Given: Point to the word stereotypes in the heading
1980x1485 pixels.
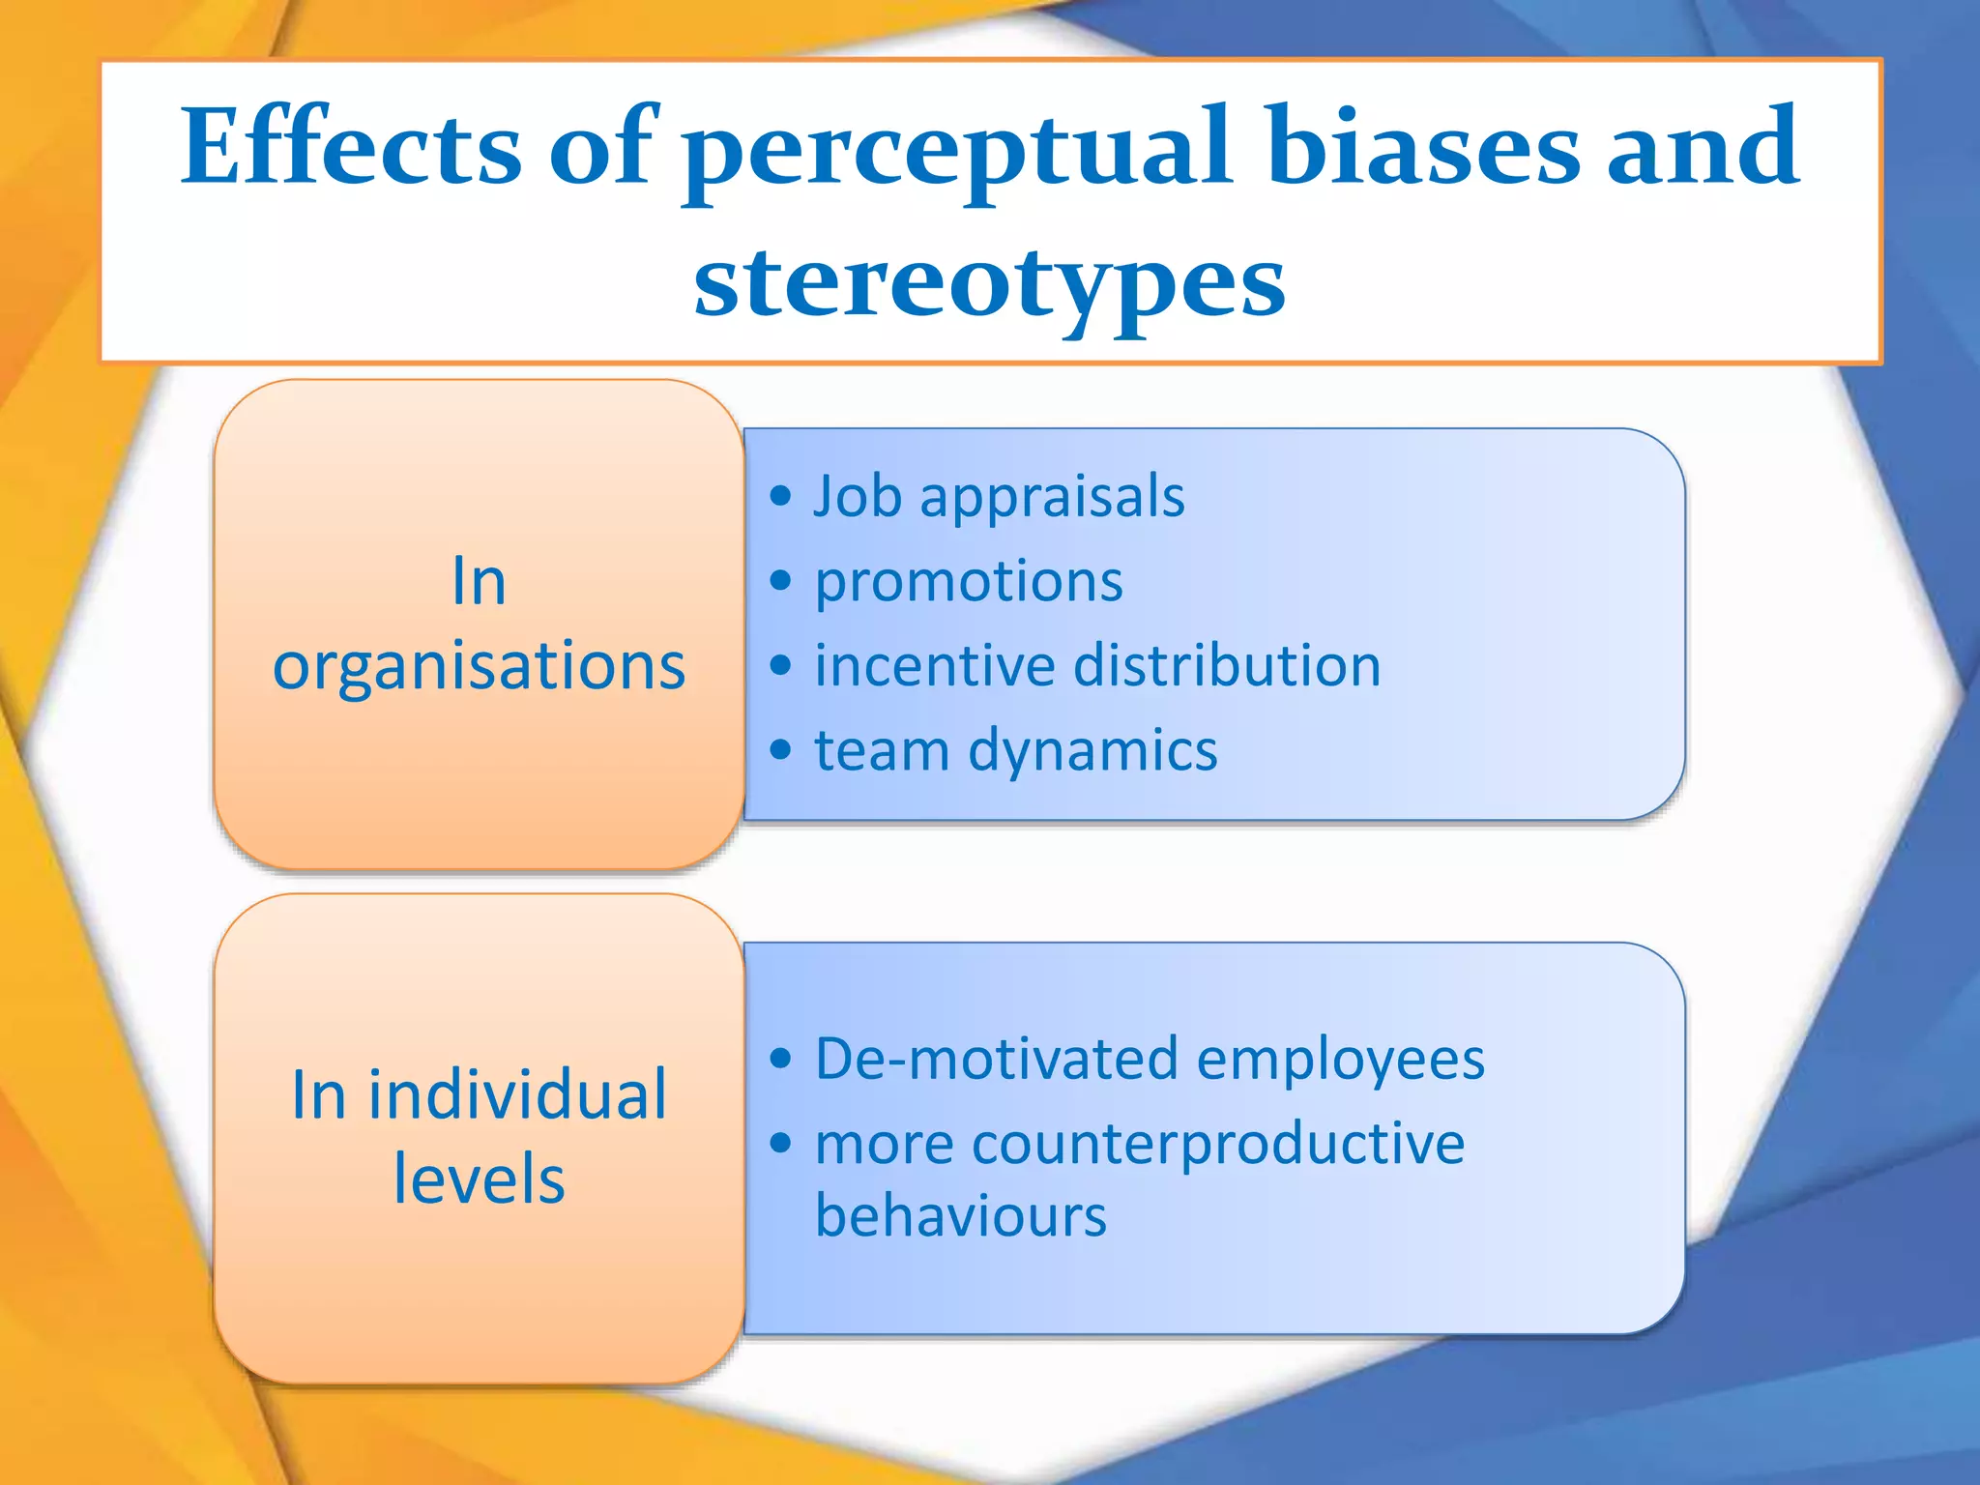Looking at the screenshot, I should click(990, 282).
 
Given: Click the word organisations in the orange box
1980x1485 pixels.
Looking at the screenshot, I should click(479, 668).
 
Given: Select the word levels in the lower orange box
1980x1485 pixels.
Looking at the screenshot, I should click(479, 1180).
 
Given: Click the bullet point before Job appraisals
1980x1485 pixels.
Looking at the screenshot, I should click(780, 497).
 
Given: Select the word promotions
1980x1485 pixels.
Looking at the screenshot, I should click(969, 583).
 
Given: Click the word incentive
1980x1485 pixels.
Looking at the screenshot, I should click(935, 666).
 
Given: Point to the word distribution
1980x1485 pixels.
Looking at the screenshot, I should click(1227, 666).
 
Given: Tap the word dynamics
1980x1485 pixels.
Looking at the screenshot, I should click(1092, 751).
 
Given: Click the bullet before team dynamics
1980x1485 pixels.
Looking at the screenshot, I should click(780, 750).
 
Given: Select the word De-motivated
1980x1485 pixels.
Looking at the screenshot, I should click(997, 1059).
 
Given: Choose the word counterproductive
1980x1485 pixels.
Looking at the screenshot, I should click(1218, 1145).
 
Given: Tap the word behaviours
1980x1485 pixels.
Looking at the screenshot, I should click(960, 1216).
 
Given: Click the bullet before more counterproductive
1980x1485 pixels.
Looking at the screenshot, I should click(780, 1144).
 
